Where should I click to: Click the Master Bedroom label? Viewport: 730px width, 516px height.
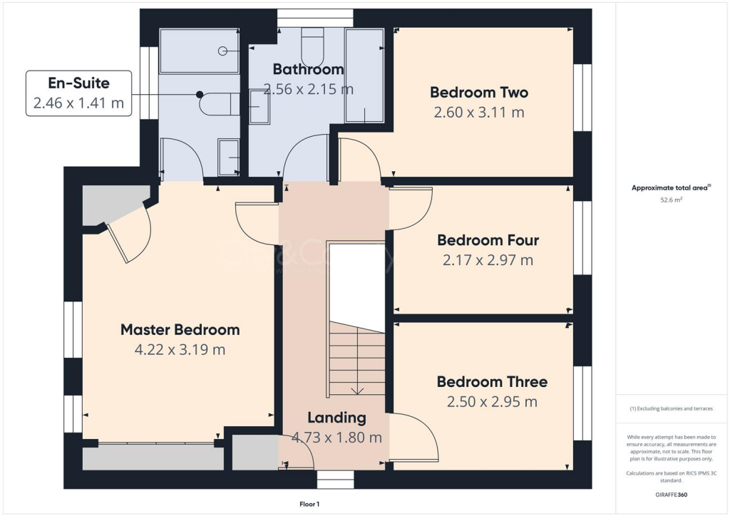[180, 330]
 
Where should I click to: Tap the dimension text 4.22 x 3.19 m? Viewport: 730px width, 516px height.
[180, 350]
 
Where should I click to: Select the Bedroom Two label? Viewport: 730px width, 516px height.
[479, 93]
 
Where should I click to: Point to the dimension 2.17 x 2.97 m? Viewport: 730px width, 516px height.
[488, 260]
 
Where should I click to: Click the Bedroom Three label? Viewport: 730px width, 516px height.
[492, 382]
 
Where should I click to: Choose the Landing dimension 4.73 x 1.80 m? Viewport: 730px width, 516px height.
[336, 437]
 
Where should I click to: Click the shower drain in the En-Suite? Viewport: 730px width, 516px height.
[222, 51]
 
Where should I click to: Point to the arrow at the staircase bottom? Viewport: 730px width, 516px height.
[356, 390]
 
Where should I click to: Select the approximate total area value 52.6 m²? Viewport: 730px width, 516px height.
[672, 201]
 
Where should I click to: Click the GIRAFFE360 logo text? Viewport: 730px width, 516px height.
[672, 494]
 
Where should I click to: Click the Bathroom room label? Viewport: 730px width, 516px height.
[308, 70]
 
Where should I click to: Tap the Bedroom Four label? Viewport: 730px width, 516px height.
[488, 240]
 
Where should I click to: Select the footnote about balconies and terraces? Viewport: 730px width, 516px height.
[672, 408]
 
